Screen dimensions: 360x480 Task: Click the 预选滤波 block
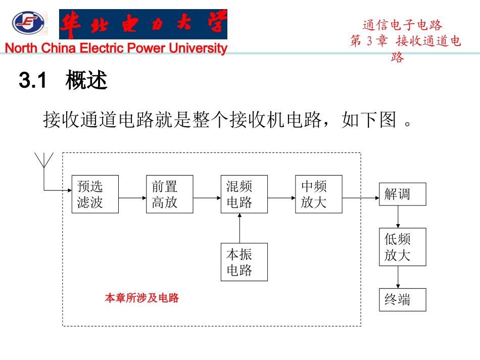point(95,194)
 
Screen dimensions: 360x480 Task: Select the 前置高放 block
point(169,194)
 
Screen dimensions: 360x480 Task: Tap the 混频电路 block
point(244,194)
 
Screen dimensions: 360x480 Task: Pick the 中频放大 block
point(318,194)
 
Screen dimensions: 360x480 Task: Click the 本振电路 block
point(244,262)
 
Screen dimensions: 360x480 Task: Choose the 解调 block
point(402,194)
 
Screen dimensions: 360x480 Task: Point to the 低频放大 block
point(402,247)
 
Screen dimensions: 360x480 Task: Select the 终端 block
point(402,300)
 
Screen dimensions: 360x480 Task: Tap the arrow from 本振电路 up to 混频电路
point(240,228)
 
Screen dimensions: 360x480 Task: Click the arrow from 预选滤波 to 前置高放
point(132,198)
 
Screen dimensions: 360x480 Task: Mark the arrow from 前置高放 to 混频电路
point(207,198)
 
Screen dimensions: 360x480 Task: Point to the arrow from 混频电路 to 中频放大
point(281,198)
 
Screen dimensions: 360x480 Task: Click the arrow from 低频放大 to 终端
point(398,277)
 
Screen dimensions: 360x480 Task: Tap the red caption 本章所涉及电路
point(142,298)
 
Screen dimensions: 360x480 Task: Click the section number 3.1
point(33,81)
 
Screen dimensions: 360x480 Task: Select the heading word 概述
point(86,81)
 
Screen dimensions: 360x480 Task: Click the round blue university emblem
point(28,23)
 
